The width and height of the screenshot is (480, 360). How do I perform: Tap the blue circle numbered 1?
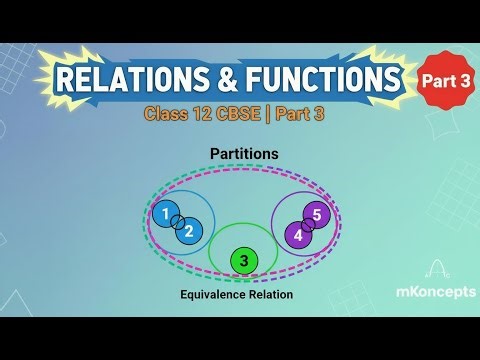(164, 213)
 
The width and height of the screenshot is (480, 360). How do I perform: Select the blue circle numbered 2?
(189, 231)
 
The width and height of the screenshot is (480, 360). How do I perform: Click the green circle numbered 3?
(242, 261)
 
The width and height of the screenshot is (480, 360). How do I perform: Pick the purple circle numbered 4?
(296, 235)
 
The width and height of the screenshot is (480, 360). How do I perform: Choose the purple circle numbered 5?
(317, 214)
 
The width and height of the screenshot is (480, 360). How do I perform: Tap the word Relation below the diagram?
(276, 296)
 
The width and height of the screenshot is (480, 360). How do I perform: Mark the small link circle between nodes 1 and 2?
(176, 222)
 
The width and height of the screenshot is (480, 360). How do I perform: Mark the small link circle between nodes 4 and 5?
(307, 224)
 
